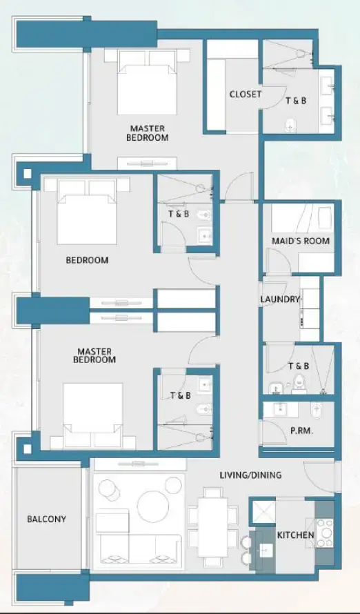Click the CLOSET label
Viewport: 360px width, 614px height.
(245, 95)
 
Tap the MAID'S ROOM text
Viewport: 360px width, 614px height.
(300, 241)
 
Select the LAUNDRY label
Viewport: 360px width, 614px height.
(280, 299)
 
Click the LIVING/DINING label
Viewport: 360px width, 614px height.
(250, 475)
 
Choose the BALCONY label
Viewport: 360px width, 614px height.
(47, 519)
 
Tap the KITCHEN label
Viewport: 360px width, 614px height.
(296, 535)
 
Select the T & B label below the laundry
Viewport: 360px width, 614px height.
(299, 366)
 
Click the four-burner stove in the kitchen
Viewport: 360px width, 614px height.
(323, 528)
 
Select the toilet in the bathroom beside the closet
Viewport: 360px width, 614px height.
(290, 124)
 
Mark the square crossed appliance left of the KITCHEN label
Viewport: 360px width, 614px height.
(263, 512)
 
